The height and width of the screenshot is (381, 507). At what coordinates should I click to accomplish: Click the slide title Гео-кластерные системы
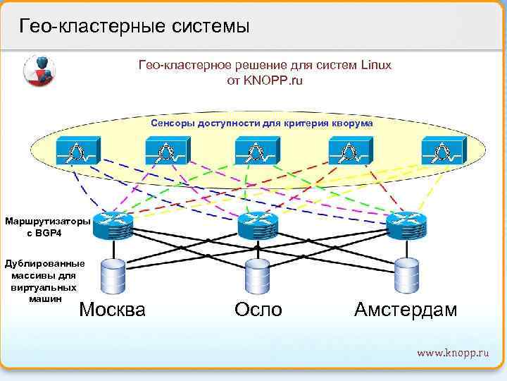134,26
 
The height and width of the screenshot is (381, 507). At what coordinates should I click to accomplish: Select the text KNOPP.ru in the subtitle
274,80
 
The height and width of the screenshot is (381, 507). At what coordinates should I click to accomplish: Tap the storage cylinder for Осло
258,275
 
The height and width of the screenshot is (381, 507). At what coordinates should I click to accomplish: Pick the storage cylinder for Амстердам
406,275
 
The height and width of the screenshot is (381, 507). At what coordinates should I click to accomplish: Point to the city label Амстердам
406,309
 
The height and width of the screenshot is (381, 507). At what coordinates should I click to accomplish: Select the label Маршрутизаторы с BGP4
47,227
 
